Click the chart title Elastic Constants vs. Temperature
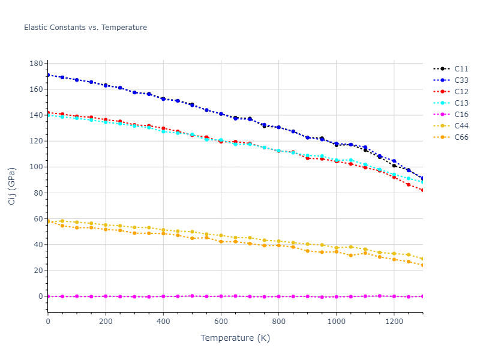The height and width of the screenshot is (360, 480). (x=85, y=28)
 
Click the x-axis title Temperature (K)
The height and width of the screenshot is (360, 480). (x=235, y=338)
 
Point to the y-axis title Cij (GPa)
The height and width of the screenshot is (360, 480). (x=13, y=187)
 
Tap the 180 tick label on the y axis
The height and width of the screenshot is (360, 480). (x=36, y=64)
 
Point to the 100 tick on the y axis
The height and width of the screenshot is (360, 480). (x=36, y=167)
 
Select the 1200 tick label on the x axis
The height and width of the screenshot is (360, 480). (x=394, y=322)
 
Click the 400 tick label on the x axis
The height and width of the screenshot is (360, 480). (x=163, y=322)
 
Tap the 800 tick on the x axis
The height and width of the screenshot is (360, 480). (x=278, y=322)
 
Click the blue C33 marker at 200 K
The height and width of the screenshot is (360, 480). (x=106, y=85)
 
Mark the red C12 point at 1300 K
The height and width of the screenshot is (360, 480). (x=422, y=190)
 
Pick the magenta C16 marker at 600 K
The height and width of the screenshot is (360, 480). (x=221, y=296)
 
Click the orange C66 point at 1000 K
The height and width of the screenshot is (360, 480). (x=336, y=252)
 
